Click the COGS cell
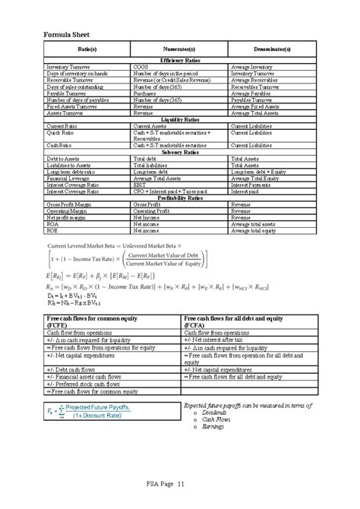pos(142,66)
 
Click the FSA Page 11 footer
pos(179,485)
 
